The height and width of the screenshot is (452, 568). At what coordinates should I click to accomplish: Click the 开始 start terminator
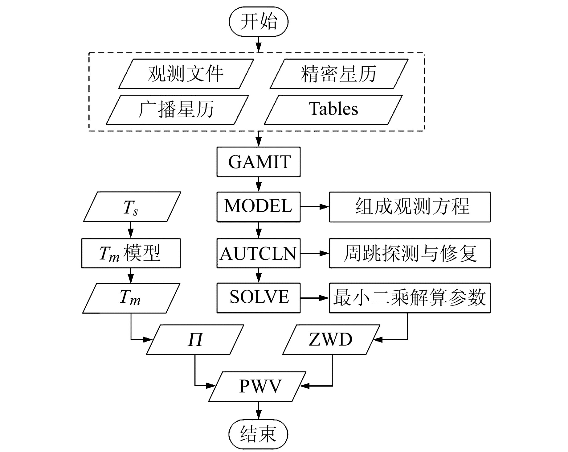tap(258, 22)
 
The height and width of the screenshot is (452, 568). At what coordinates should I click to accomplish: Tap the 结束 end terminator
tap(258, 434)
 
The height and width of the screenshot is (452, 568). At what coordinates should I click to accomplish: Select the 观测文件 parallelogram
tap(186, 74)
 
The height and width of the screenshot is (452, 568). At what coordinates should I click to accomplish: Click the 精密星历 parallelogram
tap(339, 74)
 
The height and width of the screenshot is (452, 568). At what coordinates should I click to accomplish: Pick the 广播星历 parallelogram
tap(177, 110)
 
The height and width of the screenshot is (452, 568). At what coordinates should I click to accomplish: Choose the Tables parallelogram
tap(333, 110)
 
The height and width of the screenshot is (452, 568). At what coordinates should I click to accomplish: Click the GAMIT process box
tap(258, 162)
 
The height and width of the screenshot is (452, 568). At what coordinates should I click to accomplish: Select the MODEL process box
tap(258, 207)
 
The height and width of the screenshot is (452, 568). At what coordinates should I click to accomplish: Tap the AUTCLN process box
tap(258, 253)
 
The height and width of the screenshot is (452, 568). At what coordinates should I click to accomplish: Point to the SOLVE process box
tap(258, 298)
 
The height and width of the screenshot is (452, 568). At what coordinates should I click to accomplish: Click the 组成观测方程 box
tap(410, 207)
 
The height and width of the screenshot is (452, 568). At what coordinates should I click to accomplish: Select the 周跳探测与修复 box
tap(410, 253)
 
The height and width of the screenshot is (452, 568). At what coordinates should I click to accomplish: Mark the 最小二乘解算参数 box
tap(410, 298)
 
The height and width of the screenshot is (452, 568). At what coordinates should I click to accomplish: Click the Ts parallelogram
tap(132, 207)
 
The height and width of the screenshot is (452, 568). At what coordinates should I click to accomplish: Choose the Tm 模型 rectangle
tap(131, 253)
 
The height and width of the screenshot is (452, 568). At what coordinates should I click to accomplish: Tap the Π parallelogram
tap(195, 340)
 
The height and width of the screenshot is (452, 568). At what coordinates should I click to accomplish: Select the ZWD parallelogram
tap(331, 340)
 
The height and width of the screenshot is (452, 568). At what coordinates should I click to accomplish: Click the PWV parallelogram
tap(258, 386)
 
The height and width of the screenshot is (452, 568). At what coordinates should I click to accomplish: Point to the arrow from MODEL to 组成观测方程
tap(314, 207)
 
